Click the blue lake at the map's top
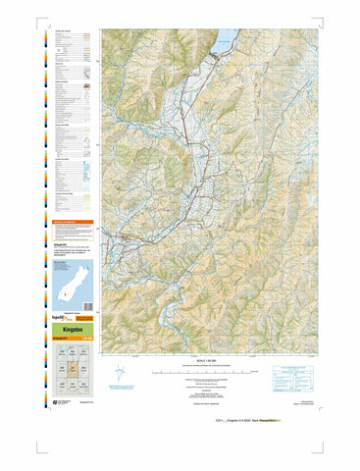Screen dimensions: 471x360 224,40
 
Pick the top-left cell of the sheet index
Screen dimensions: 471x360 59,354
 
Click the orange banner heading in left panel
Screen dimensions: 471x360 73,223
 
